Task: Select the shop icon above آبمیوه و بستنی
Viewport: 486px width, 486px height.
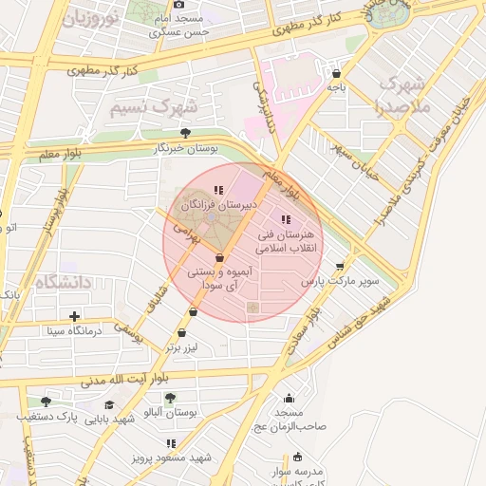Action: click(x=219, y=257)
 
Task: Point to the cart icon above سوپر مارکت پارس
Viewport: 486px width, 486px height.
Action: click(x=341, y=266)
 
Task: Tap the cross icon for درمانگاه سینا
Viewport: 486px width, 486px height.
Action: click(x=75, y=316)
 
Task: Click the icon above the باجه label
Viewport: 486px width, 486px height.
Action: click(x=337, y=73)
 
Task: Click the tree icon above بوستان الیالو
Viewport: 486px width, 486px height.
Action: click(x=170, y=398)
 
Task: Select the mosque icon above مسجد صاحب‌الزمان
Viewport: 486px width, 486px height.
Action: click(x=289, y=398)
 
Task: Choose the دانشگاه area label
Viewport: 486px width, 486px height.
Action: click(x=61, y=283)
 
